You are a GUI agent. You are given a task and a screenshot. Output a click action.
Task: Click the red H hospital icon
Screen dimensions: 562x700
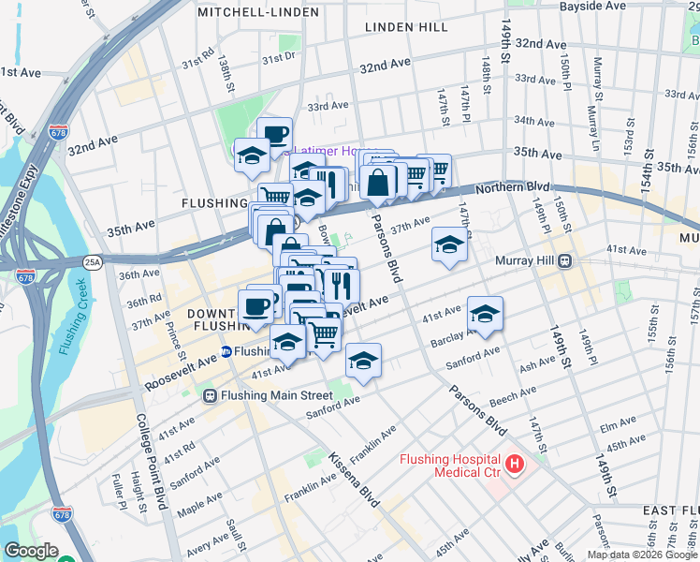click(514, 464)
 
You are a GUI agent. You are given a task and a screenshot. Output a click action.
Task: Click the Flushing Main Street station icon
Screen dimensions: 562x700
click(211, 395)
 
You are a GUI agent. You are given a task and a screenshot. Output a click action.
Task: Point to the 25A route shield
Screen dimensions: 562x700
click(92, 261)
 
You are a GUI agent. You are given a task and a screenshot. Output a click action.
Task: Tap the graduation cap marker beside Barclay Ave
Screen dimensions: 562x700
click(485, 315)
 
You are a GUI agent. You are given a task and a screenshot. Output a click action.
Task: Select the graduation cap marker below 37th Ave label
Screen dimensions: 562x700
click(449, 246)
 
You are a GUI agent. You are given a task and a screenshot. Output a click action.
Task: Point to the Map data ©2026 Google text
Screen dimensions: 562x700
click(642, 555)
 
